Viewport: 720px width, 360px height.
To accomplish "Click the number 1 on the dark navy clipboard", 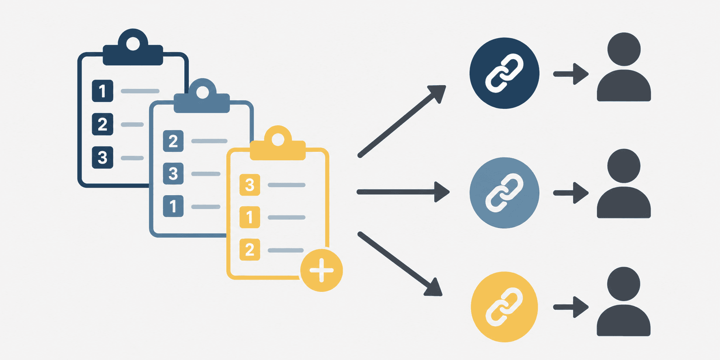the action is point(102,91).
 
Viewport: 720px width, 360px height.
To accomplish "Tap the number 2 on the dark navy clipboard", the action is point(102,124).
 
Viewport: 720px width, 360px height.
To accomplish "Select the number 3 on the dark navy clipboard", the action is point(102,157).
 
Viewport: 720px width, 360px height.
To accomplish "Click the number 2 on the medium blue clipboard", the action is point(173,141).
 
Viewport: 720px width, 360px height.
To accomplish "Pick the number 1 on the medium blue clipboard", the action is point(173,206).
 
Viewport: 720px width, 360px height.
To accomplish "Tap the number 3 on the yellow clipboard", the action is point(250,185).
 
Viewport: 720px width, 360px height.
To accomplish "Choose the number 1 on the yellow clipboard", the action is point(250,217).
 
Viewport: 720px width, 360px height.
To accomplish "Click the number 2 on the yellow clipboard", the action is point(250,250).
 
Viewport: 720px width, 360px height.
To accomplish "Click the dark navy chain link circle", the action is point(504,73).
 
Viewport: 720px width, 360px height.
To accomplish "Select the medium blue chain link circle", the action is point(504,193).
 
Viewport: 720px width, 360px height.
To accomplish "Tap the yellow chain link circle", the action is point(504,307).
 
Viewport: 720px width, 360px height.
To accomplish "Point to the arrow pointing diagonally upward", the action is point(402,121).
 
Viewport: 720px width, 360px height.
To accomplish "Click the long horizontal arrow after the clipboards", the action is point(403,192).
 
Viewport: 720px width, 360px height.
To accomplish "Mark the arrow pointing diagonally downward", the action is point(400,264).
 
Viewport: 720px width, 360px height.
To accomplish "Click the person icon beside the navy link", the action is point(624,67).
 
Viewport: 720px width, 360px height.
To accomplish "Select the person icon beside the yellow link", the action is point(624,302).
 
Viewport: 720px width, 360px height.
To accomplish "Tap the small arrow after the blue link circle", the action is point(571,193).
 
